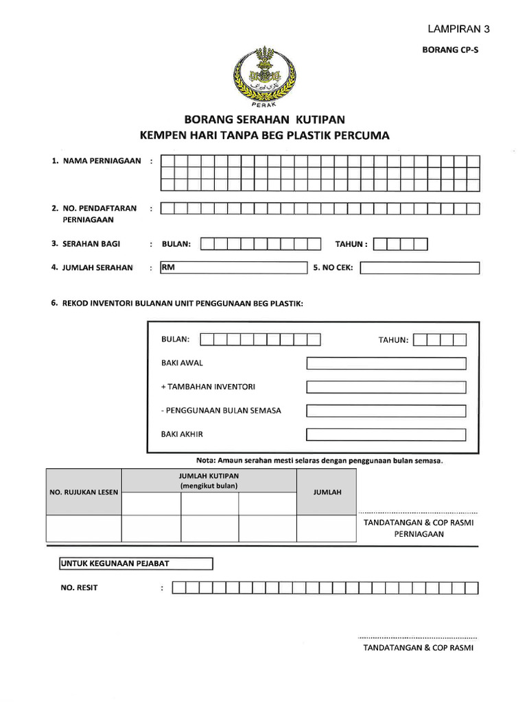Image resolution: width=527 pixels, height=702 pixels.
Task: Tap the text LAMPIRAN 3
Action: pos(459,29)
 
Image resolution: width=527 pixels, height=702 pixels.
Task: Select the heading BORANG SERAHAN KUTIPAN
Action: pos(263,120)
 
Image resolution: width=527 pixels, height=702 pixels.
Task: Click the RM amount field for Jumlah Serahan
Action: pos(233,268)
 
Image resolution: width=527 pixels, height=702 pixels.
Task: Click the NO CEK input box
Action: pos(419,268)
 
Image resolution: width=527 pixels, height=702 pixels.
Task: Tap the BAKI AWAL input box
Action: pos(386,363)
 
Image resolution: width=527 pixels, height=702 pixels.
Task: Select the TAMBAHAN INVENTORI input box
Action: pos(386,387)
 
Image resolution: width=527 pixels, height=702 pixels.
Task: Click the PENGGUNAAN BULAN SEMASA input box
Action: pos(386,411)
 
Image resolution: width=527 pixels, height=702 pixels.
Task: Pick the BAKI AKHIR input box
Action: pos(386,435)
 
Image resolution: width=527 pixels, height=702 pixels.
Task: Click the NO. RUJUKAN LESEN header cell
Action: pos(84,492)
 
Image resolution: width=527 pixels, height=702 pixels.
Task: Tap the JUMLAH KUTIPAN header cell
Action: pos(209,481)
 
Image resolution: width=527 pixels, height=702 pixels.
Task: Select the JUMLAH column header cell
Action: pos(327,492)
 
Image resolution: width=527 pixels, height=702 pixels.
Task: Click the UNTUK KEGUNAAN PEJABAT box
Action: pos(137,564)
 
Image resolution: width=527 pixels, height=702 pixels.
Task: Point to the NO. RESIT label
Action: pos(80,588)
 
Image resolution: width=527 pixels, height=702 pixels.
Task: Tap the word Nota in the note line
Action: pos(207,461)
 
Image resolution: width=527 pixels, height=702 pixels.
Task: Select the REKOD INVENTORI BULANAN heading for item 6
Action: pos(182,303)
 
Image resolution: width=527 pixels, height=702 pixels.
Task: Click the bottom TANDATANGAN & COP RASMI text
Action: pos(419,648)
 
